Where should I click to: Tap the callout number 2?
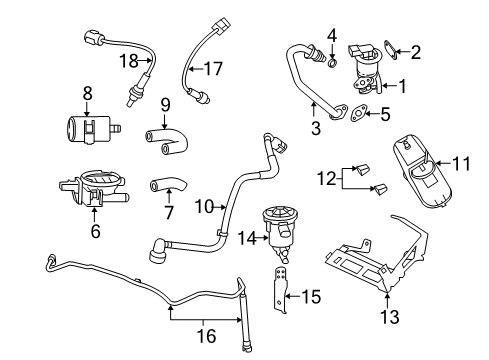click(416, 50)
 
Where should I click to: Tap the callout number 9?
click(165, 102)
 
